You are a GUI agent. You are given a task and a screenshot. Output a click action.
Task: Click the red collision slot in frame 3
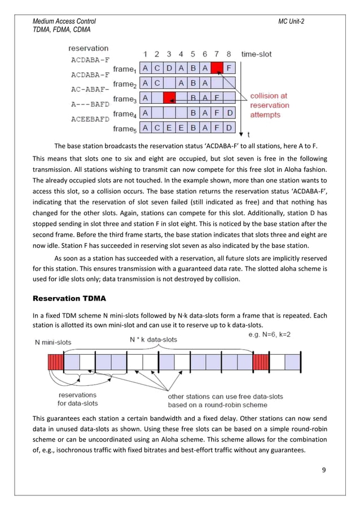169,98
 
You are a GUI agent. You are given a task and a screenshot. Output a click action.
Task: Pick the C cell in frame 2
157,84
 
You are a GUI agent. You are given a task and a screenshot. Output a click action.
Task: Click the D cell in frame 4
229,113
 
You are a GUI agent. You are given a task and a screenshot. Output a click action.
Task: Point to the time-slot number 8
229,54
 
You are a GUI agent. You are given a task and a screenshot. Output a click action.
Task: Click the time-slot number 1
146,54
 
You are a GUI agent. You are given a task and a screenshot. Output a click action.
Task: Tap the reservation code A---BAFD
90,104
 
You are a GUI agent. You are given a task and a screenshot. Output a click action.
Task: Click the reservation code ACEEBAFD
90,119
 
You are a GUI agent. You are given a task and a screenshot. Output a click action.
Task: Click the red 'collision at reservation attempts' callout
269,105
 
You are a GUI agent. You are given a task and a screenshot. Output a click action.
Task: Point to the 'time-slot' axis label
256,54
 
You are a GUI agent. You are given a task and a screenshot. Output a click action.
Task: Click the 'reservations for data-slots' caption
77,399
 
